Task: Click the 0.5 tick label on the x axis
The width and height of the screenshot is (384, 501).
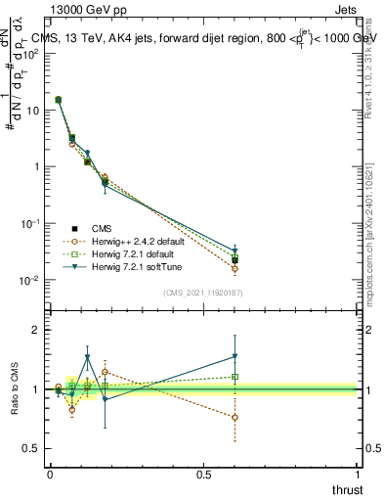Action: coord(203,473)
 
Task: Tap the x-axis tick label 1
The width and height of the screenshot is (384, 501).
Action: coord(358,473)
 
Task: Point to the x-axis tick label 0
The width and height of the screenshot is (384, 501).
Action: coord(50,473)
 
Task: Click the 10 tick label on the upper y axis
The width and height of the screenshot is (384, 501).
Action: coord(33,110)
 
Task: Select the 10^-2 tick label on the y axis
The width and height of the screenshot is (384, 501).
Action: coord(30,280)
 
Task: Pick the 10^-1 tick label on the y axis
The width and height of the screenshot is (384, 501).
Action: coord(30,223)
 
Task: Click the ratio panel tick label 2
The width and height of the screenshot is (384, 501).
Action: coord(36,330)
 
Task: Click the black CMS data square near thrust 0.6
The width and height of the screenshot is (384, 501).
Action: coord(235,259)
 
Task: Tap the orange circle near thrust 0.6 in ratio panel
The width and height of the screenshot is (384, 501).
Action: coord(235,417)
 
